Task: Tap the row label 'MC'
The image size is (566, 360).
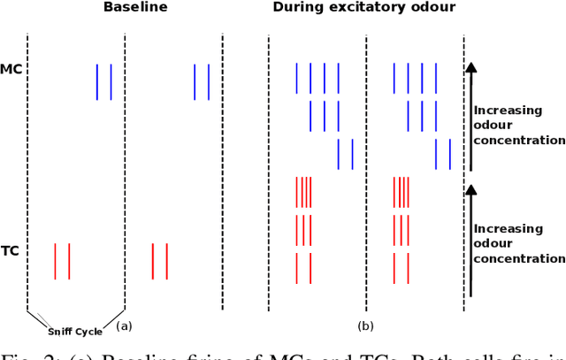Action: (11, 69)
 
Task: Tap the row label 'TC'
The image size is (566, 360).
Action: (11, 251)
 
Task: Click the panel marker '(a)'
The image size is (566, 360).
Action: (124, 326)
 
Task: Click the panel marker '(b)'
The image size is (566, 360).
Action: (365, 326)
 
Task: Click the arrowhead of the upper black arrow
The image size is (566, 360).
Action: (470, 65)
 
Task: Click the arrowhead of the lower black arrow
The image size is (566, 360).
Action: (470, 188)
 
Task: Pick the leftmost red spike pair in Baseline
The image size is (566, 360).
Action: (62, 261)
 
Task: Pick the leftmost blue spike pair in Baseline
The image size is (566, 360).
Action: (104, 81)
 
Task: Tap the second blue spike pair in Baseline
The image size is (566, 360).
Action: (202, 81)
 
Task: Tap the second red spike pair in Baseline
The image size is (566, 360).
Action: (159, 261)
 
